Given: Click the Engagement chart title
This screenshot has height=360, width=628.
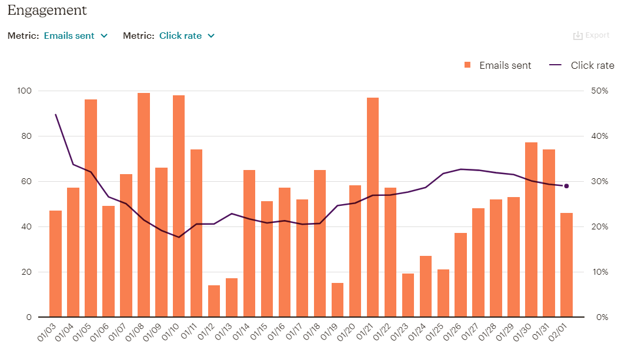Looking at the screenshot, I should [x=47, y=10].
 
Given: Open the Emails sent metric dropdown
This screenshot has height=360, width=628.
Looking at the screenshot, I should [x=76, y=36].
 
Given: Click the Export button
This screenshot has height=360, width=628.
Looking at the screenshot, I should [x=592, y=35].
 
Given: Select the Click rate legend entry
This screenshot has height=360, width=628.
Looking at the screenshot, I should [x=582, y=65].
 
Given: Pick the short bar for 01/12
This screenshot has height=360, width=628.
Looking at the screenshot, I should [x=214, y=301].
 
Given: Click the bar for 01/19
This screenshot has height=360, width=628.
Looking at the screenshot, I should [x=338, y=300].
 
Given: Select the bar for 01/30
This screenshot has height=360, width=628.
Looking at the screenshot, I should [x=531, y=229].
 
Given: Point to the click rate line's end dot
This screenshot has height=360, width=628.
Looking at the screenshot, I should [x=566, y=186].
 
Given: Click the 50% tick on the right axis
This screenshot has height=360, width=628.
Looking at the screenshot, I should [x=599, y=91].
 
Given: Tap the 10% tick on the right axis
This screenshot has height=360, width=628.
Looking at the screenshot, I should [x=599, y=272].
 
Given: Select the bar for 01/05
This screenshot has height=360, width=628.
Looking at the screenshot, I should [x=91, y=208].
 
